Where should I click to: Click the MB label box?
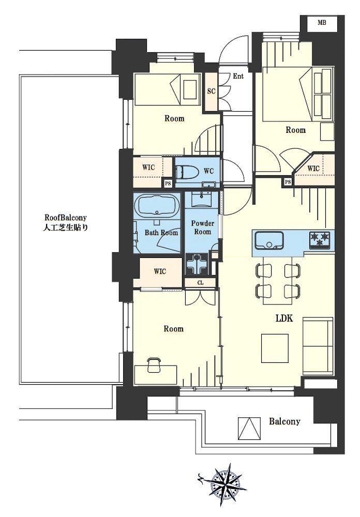click(x=322, y=23)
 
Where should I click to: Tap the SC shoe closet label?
click(x=211, y=91)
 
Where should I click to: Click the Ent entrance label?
click(x=238, y=76)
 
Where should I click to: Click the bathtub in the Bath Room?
click(x=157, y=206)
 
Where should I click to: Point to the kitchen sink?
click(x=269, y=240)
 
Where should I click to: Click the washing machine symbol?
click(x=197, y=264)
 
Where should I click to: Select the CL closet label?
click(x=200, y=283)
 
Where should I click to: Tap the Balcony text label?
click(x=284, y=421)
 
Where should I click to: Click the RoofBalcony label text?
click(x=66, y=222)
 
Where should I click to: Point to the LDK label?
click(x=284, y=318)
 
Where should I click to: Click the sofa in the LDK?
click(x=318, y=346)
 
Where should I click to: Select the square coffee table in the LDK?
click(x=275, y=348)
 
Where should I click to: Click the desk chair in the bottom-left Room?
click(x=154, y=365)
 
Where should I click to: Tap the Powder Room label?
click(x=203, y=227)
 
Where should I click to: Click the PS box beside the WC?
click(x=168, y=184)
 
